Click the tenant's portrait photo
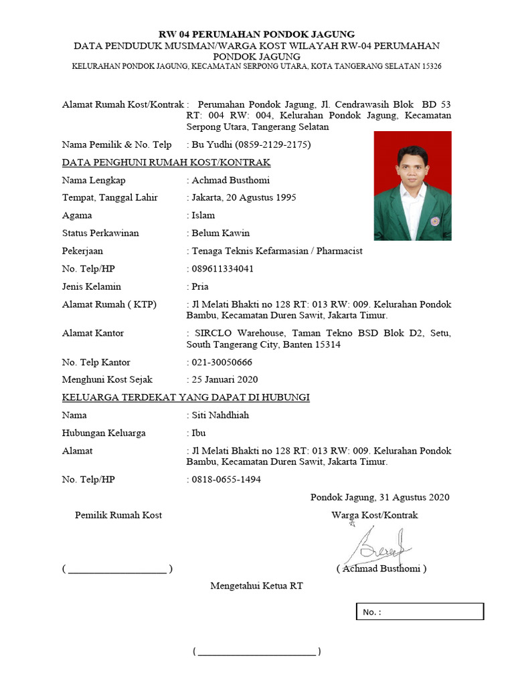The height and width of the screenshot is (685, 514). click(412, 186)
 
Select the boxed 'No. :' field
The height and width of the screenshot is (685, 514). click(419, 612)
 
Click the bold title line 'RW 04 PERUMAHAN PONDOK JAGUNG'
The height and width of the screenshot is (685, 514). click(256, 33)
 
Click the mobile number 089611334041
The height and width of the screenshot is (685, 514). click(223, 269)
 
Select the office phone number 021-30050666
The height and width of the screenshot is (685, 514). click(222, 362)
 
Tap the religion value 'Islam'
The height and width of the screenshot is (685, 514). click(203, 215)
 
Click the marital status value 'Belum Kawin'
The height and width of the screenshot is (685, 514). click(221, 233)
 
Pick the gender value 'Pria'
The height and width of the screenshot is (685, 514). click(201, 286)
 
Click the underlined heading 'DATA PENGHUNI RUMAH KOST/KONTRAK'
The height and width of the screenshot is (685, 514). click(166, 163)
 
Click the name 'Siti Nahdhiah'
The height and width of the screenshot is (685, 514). click(220, 415)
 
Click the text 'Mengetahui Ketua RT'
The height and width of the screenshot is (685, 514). click(257, 586)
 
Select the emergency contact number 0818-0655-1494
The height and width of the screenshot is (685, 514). click(226, 480)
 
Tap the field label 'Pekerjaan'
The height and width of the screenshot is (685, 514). click(84, 251)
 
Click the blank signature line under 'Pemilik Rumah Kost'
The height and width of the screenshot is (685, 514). click(117, 570)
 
